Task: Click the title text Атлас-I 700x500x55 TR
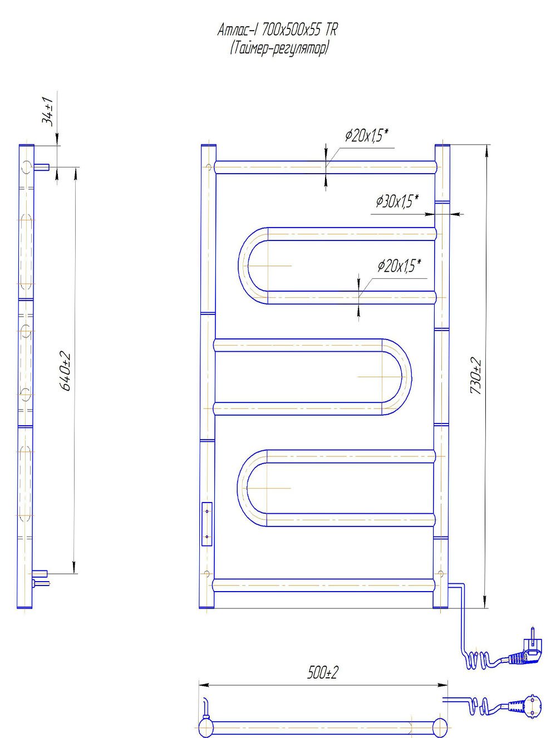(277, 31)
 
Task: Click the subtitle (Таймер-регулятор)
(279, 49)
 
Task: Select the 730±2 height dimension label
(475, 376)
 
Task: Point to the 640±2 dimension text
(65, 371)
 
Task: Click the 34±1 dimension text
(47, 112)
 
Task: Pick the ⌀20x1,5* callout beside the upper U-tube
(399, 267)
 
